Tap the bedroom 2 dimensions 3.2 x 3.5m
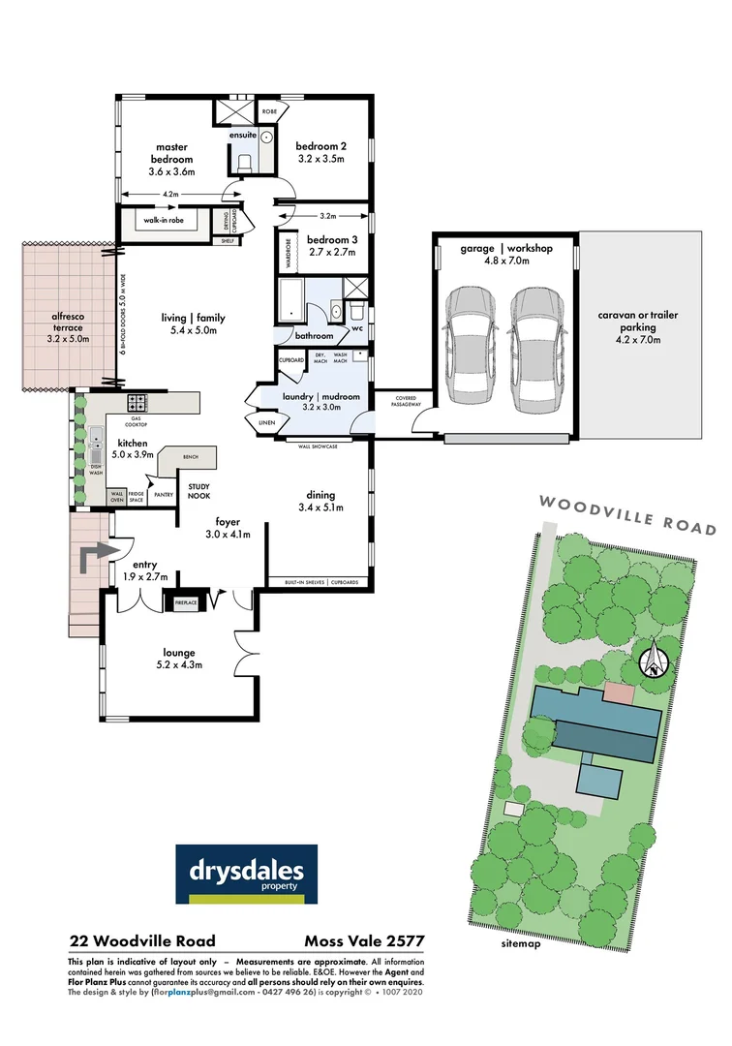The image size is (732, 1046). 321,159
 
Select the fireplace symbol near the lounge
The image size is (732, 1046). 186,602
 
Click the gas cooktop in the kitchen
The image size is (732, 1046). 137,403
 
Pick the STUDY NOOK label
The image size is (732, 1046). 200,491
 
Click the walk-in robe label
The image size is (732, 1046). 165,220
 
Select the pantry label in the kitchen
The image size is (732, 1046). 164,494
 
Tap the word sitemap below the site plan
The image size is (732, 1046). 521,942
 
